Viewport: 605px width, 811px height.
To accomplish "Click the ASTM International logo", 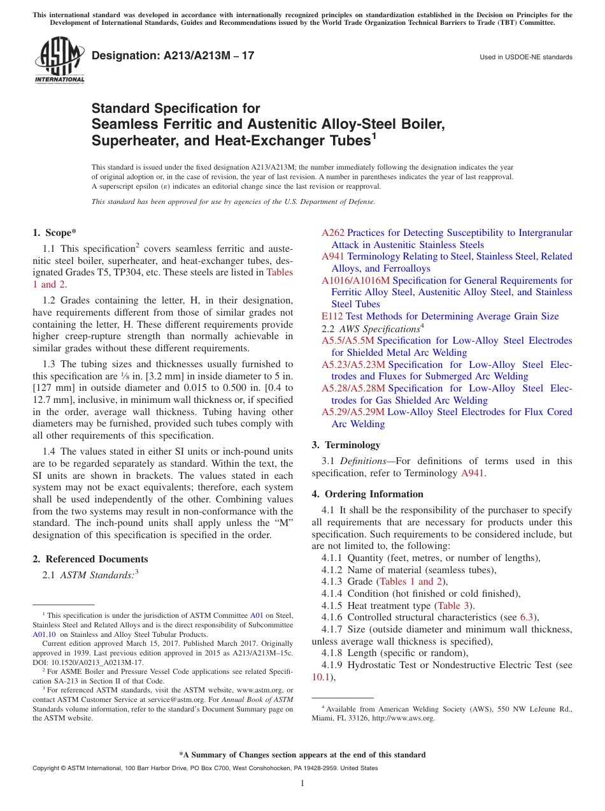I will coord(59,60).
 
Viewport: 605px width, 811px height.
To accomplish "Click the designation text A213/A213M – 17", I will coord(173,55).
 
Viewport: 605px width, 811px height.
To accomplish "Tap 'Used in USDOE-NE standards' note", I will coord(525,57).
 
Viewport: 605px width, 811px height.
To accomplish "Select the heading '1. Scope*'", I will coord(54,233).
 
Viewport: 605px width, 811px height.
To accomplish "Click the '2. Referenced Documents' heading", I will coord(90,559).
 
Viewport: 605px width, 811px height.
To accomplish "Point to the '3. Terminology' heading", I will coord(346,445).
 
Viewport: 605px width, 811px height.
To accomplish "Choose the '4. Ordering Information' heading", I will coord(367,494).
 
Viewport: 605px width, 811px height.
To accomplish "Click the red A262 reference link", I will coord(332,233).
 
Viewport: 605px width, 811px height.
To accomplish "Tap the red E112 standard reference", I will coord(332,316).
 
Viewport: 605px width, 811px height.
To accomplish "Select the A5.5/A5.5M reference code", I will coord(348,340).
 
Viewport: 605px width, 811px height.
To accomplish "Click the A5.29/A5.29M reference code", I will coord(353,412).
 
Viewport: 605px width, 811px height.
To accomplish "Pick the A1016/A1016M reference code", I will coord(355,281).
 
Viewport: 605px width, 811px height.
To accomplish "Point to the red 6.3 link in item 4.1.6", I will coord(527,617).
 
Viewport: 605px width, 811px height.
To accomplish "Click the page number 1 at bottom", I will coord(302,783).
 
